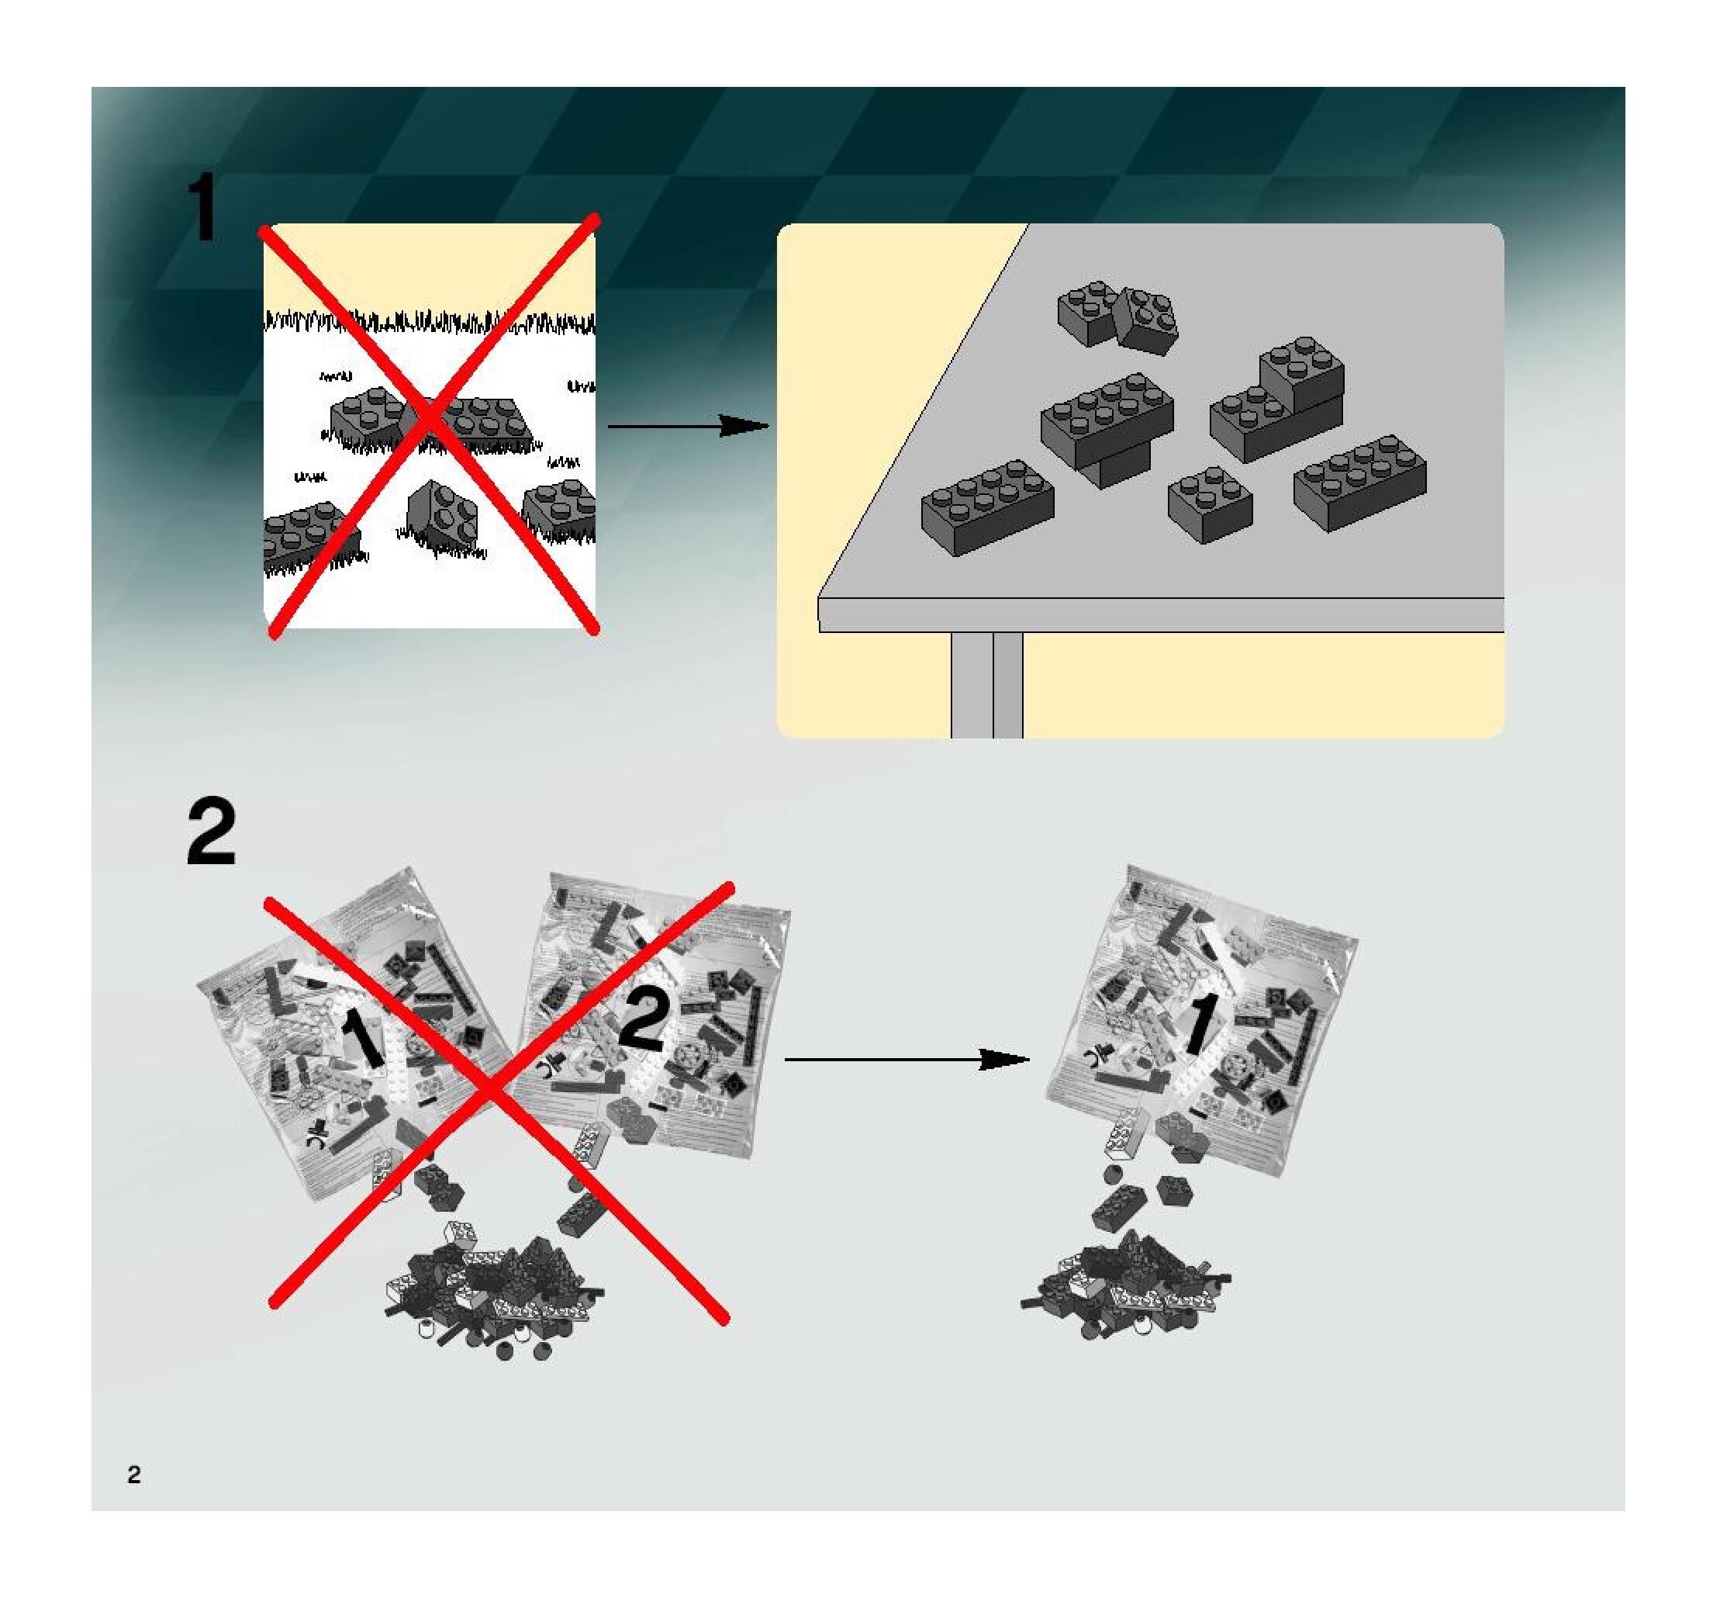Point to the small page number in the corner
(133, 1475)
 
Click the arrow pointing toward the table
(688, 426)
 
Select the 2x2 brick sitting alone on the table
(1209, 503)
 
